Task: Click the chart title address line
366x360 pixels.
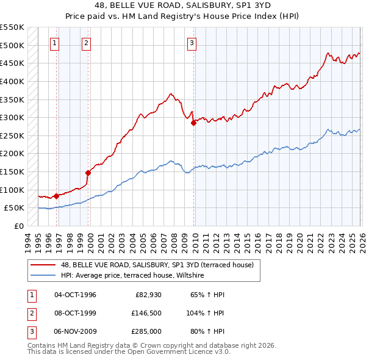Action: coord(182,5)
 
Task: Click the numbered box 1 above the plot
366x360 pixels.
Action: coord(55,43)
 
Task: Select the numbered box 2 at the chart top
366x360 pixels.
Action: coord(86,43)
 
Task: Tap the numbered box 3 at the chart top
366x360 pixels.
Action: coord(192,43)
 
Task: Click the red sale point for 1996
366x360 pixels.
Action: coord(56,196)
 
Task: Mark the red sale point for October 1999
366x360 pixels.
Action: coord(88,173)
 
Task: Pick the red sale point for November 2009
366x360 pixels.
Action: coord(193,123)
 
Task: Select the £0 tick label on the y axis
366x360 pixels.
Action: coord(18,226)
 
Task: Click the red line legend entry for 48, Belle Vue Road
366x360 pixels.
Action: coord(152,265)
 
